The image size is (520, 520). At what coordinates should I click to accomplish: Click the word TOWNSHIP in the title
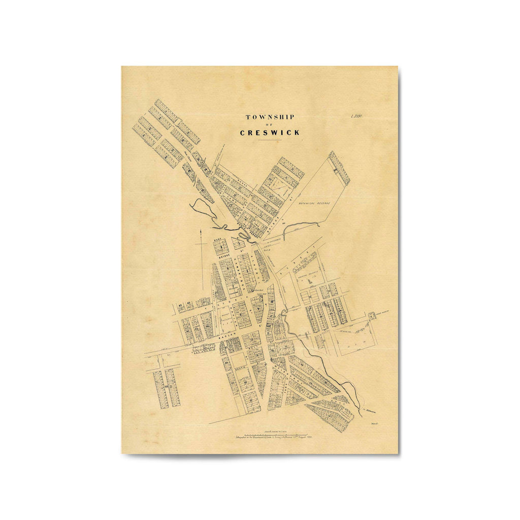pyautogui.click(x=270, y=117)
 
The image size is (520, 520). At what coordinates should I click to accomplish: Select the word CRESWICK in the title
pyautogui.click(x=270, y=133)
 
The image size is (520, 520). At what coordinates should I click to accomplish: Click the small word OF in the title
pyautogui.click(x=270, y=125)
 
